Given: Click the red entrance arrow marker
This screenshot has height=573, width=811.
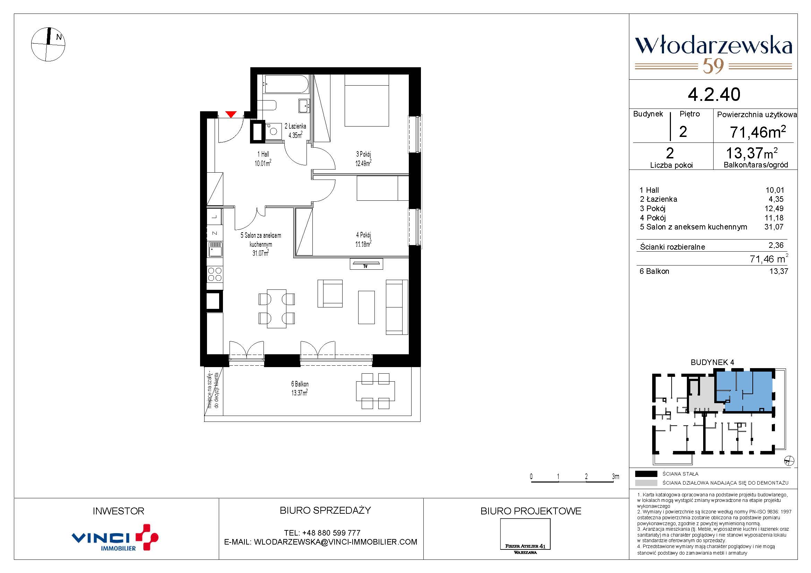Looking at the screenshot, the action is click(231, 114).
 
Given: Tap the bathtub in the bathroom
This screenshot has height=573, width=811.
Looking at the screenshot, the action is click(286, 84).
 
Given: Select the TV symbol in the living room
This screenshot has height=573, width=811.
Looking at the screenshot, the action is click(366, 264).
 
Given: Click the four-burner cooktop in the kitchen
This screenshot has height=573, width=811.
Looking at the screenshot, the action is click(215, 274).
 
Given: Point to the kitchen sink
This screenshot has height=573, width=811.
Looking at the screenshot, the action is click(215, 249).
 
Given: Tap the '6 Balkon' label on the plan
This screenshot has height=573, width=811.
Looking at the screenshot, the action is click(300, 388).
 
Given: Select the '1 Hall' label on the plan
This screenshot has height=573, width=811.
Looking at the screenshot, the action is click(263, 158).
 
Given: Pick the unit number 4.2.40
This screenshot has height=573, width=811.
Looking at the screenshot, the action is click(714, 94).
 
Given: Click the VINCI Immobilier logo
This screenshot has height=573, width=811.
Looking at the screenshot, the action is click(115, 537).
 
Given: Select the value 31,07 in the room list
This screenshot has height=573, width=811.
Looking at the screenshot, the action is click(774, 227).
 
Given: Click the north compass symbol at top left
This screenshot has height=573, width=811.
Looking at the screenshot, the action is click(49, 44).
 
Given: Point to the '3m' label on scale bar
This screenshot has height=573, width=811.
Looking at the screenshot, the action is click(615, 476).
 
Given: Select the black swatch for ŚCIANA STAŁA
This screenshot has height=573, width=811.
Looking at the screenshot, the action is click(646, 474).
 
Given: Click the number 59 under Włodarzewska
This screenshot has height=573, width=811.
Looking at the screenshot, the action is click(714, 66).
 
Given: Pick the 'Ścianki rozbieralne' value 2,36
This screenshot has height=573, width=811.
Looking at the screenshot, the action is click(776, 245).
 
